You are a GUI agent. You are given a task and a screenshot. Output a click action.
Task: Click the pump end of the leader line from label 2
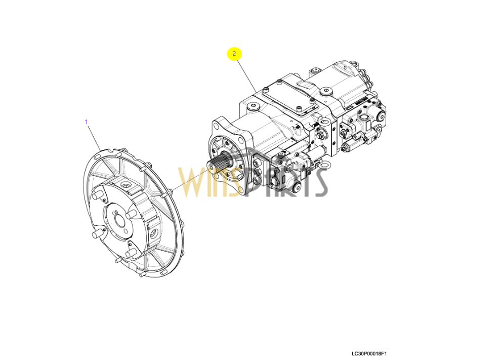click(256, 93)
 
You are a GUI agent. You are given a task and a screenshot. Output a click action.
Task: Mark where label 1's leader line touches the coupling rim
click(101, 150)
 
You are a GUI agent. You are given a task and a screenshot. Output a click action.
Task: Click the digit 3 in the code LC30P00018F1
click(360, 353)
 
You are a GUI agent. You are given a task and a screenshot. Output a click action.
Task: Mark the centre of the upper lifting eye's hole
click(323, 122)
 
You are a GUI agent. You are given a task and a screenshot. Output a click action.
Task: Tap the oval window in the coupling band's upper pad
click(125, 185)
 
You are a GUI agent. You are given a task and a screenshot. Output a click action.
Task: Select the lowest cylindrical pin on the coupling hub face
click(131, 254)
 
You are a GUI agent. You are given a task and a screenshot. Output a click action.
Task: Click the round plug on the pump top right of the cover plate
click(325, 91)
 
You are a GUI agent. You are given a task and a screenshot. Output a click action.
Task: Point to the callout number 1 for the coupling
click(86, 122)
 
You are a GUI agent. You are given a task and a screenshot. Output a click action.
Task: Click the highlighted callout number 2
click(234, 54)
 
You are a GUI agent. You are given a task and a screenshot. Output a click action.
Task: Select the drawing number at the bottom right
click(369, 353)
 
